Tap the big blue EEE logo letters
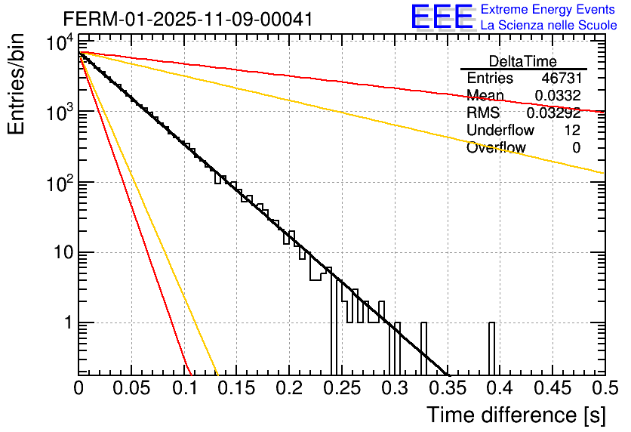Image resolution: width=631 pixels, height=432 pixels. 442,17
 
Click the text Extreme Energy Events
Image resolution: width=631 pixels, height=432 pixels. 548,10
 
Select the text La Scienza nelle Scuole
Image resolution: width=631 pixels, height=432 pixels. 549,25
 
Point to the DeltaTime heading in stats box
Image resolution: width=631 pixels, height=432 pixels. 522,61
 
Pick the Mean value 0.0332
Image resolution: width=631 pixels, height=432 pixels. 557,95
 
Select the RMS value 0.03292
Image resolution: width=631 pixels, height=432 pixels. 553,113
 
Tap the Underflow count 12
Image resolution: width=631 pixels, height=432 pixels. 571,131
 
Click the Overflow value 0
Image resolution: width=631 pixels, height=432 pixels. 576,148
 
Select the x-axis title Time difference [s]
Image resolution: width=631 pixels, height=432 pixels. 516,415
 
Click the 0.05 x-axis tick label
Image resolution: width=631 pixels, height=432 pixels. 131,388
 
